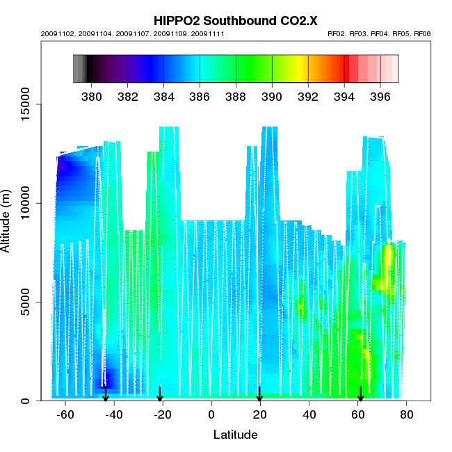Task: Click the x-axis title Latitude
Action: [235, 435]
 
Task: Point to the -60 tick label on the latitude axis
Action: [65, 414]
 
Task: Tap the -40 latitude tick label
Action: [114, 414]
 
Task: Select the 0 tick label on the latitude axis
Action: [211, 414]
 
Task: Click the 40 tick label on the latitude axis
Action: [309, 414]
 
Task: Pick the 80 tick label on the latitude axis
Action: [406, 414]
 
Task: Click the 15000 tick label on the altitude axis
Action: [26, 105]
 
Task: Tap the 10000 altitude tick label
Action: [26, 204]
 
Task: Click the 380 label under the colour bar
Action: [92, 95]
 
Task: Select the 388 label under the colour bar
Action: [236, 95]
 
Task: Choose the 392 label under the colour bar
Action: [308, 95]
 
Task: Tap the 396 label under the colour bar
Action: [380, 95]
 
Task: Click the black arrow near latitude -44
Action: [106, 394]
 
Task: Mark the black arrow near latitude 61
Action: [360, 394]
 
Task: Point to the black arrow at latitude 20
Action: [259, 394]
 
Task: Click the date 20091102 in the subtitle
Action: [55, 33]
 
